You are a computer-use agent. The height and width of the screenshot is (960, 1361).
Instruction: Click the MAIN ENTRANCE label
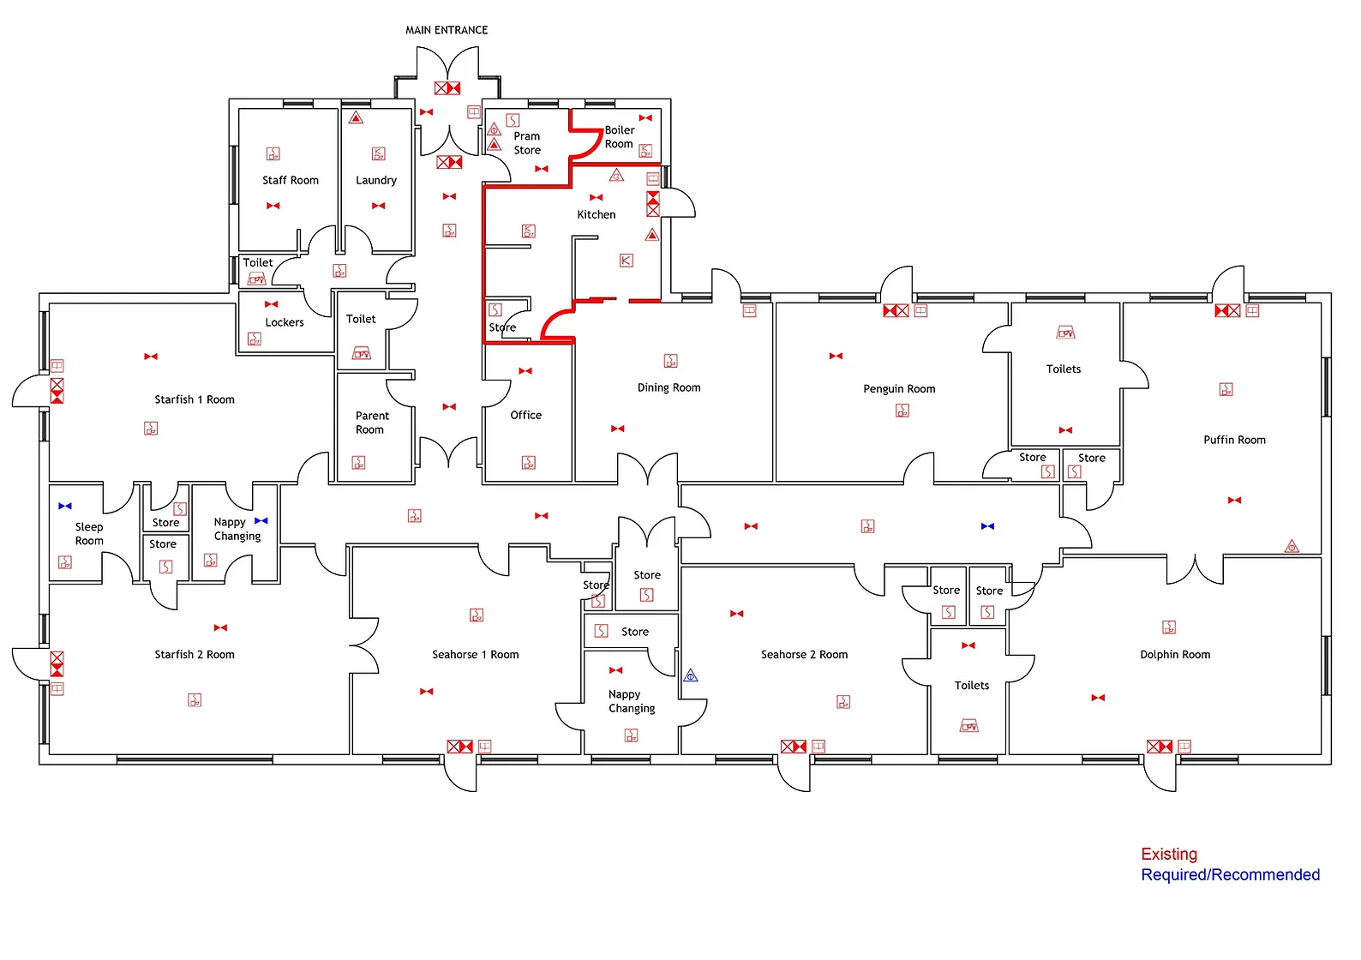click(447, 30)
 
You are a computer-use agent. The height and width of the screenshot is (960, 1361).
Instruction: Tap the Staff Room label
click(291, 180)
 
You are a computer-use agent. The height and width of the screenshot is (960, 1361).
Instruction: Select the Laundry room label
click(376, 180)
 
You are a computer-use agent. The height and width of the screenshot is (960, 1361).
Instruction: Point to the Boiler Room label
click(619, 137)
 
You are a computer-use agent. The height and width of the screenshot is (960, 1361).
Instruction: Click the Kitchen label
click(597, 214)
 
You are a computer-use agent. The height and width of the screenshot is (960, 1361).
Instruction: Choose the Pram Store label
click(527, 143)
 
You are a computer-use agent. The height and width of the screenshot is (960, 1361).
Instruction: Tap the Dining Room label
click(669, 387)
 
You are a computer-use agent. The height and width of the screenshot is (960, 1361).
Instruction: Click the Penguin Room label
click(899, 388)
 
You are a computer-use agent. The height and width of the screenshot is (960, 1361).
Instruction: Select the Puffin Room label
click(1234, 440)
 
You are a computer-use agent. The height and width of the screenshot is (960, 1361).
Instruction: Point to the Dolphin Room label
click(1175, 654)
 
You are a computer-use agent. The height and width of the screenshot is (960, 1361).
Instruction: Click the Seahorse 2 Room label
click(804, 654)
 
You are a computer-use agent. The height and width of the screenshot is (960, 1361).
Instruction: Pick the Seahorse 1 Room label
click(475, 654)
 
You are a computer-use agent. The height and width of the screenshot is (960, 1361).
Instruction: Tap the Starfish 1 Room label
click(195, 399)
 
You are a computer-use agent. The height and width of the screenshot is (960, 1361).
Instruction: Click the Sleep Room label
click(89, 533)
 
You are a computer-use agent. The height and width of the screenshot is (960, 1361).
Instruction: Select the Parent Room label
click(371, 423)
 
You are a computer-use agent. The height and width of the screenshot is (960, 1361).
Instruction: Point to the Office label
click(526, 415)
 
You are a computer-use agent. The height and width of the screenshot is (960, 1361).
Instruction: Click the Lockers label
click(285, 322)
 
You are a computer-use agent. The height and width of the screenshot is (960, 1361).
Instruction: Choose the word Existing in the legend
click(1169, 854)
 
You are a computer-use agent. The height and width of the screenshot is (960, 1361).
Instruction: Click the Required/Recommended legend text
click(1230, 874)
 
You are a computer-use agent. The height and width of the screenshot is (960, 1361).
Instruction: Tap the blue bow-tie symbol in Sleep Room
click(65, 507)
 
